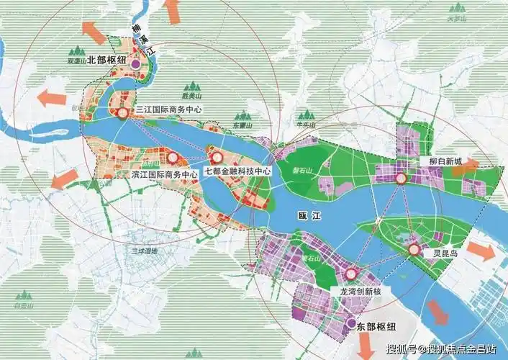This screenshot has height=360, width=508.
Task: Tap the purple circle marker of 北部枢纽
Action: (136, 64)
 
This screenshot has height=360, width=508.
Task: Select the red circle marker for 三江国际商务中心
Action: (123, 113)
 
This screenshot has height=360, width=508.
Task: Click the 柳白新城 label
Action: (445, 162)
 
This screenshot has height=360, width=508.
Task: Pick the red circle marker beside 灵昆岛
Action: (414, 250)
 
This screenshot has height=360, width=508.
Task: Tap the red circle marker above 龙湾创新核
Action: (351, 274)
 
